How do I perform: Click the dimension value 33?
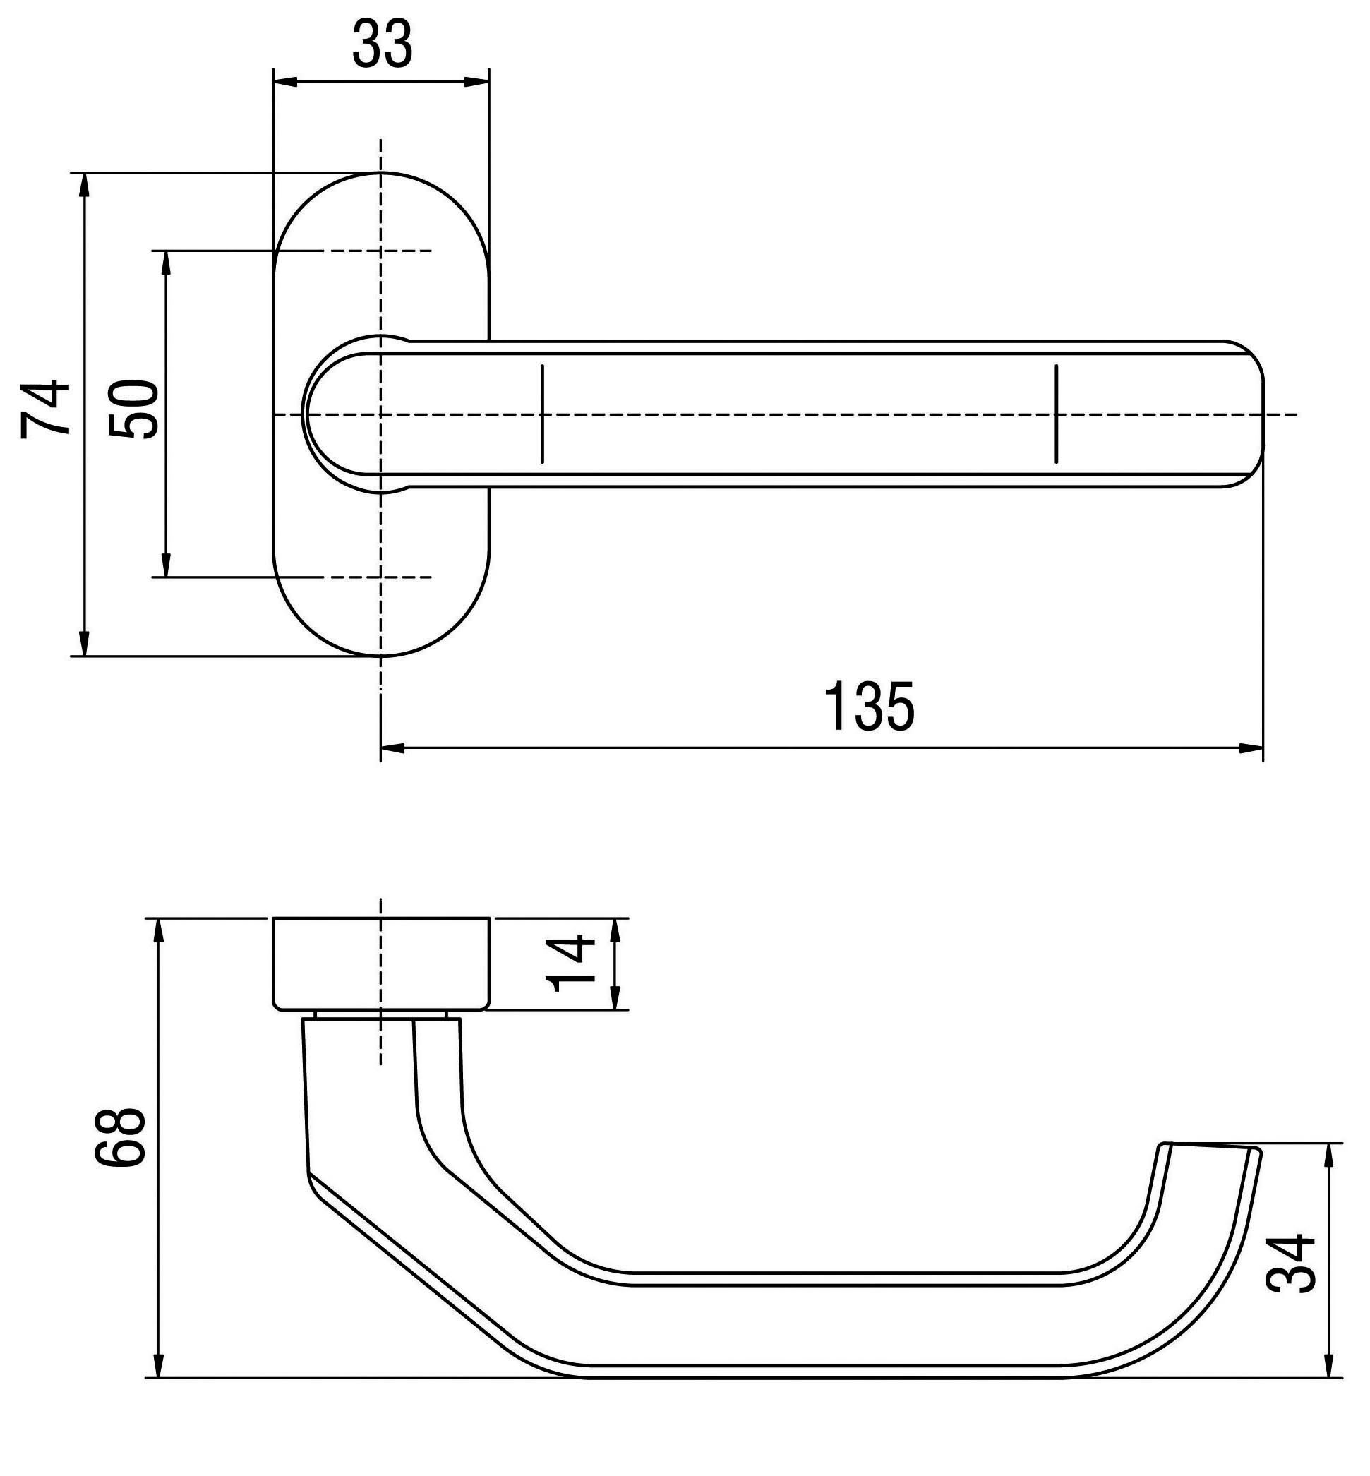pos(382,44)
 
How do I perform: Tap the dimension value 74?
pos(46,409)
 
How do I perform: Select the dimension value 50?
pos(133,409)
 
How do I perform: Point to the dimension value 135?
pos(869,707)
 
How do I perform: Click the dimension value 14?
pos(570,964)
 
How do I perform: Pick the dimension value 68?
pos(120,1138)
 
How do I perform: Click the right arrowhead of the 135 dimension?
pos(1251,748)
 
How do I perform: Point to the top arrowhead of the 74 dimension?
pos(84,186)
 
